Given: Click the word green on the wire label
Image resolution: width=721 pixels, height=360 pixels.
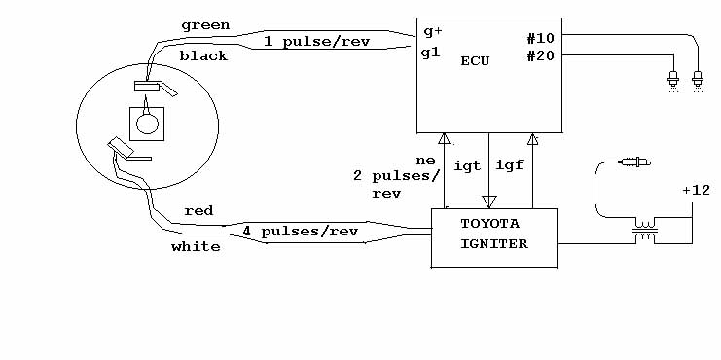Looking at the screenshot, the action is coord(205,25).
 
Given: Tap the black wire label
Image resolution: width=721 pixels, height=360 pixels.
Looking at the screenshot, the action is coord(203,56).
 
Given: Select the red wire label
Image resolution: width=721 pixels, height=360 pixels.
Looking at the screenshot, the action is coord(198,211).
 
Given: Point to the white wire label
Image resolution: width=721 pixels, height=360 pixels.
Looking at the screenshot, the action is coord(196,247).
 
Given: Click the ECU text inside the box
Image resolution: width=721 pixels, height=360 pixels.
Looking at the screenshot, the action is coord(475,61).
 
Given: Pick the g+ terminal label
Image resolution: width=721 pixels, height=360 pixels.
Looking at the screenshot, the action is coord(433,33).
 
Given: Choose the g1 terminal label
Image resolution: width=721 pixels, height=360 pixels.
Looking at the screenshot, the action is coord(431,54).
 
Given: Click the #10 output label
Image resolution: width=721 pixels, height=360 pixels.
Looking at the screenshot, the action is coord(541,39).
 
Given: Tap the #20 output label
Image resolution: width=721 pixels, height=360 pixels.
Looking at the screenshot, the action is coord(541,56).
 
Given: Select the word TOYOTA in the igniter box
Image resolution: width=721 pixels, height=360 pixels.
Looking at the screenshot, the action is coord(489,224).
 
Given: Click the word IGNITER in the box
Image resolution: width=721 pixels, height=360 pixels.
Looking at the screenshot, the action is coord(494,243).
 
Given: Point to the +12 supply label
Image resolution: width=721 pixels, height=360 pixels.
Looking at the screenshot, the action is coord(696,191).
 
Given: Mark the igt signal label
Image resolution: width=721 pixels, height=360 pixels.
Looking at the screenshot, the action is coord(468,166).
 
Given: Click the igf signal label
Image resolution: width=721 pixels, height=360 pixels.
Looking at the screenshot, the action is coord(510,164).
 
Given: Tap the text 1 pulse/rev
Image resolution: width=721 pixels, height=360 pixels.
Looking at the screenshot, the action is coord(317,42).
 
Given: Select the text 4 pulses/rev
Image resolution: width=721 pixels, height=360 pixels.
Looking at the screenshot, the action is coord(301,232).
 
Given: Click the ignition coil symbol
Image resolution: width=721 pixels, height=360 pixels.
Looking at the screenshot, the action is coord(645,231).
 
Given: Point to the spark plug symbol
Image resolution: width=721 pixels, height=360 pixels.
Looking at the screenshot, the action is coord(636,162).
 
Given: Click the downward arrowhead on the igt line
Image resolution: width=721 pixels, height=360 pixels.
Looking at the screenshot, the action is coord(488,201).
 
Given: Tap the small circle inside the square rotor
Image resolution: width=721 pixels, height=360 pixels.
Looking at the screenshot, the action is coord(148,124).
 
